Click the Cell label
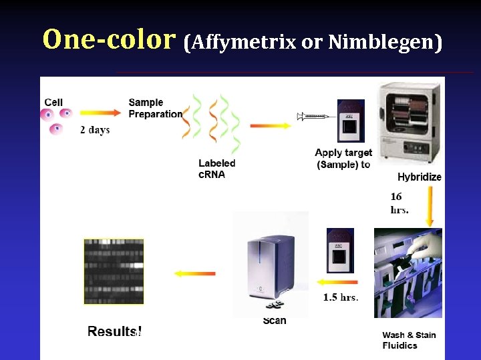click(x=53, y=102)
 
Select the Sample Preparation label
click(x=155, y=108)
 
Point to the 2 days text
click(x=95, y=130)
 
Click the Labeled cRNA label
click(x=216, y=169)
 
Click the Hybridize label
click(x=419, y=177)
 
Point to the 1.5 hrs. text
click(x=341, y=297)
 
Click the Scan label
click(x=275, y=321)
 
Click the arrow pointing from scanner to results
click(x=194, y=273)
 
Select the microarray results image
click(x=114, y=271)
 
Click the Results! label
click(x=114, y=331)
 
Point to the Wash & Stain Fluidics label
click(x=409, y=340)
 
